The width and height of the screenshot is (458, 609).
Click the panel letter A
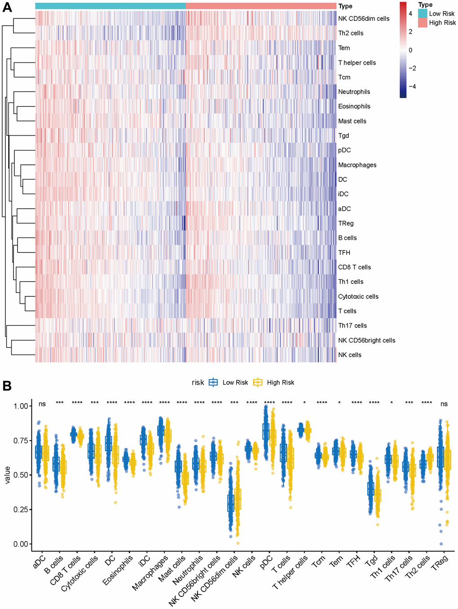(x=7, y=8)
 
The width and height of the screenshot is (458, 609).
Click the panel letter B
(x=7, y=385)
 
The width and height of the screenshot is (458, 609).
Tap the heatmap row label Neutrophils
(x=354, y=92)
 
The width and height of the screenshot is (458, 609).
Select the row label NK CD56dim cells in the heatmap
(x=364, y=18)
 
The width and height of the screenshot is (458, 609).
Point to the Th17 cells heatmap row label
(x=352, y=326)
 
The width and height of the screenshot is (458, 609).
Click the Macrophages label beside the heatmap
(x=357, y=165)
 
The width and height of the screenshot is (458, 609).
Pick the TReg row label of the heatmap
(x=346, y=223)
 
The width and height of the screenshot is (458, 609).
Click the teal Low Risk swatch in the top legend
(x=423, y=13)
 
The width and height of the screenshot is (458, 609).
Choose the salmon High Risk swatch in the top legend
(x=423, y=23)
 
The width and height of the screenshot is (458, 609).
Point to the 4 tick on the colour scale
(x=410, y=14)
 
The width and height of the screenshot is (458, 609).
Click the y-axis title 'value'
(x=7, y=475)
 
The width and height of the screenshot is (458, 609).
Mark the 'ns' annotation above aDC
(x=42, y=404)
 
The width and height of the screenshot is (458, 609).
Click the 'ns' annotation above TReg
(x=444, y=404)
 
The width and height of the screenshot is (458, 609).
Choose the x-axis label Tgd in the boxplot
(x=371, y=561)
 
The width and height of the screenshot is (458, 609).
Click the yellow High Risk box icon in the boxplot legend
(x=258, y=383)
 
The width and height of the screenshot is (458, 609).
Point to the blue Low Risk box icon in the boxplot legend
(x=213, y=383)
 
